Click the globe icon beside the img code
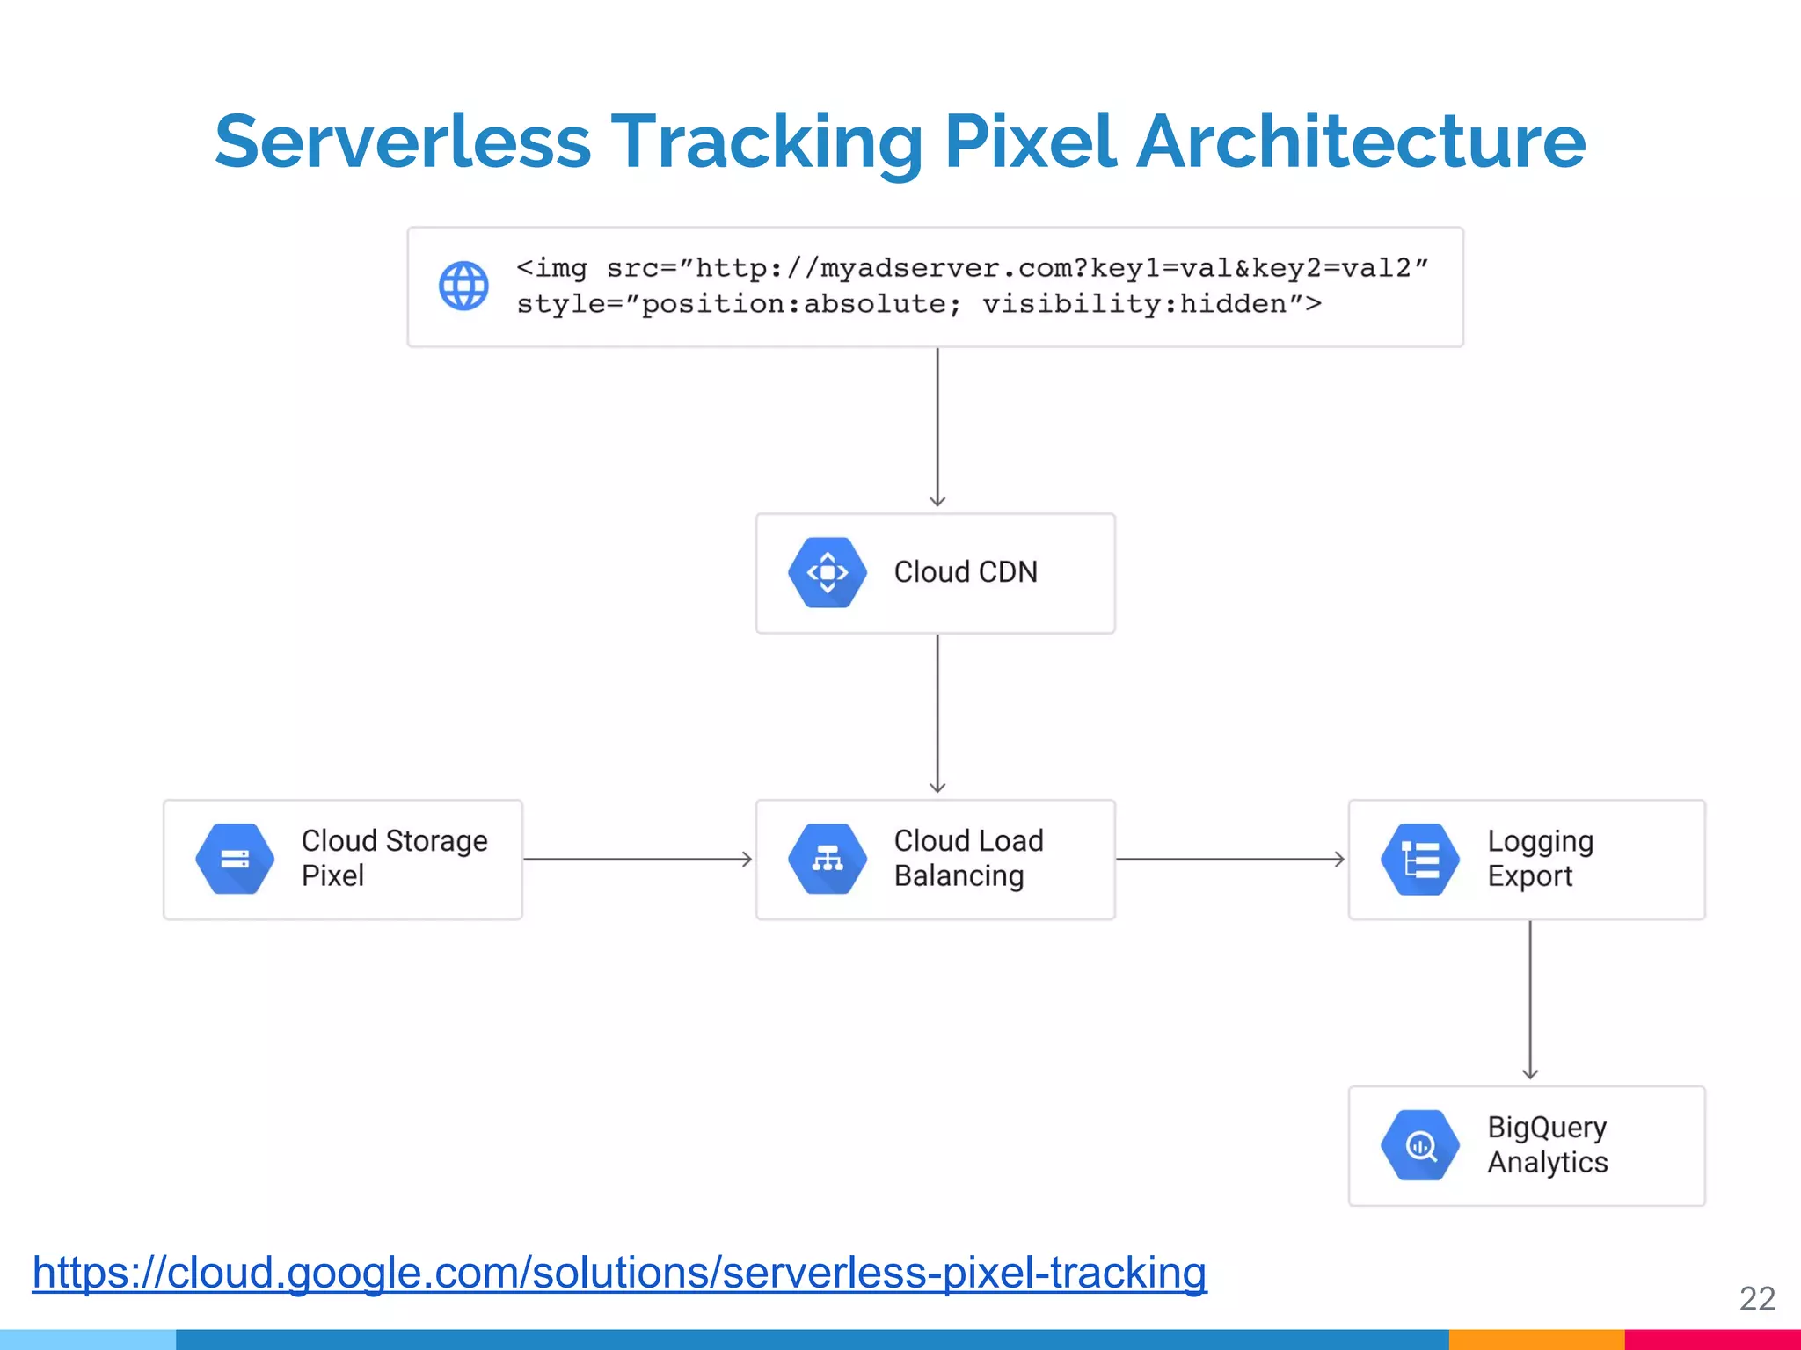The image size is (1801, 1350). [463, 286]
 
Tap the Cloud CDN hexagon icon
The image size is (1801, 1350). [827, 573]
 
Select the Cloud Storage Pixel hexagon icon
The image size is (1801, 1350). [235, 859]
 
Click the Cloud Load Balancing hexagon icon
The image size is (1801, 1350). [827, 859]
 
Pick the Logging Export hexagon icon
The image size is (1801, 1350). [1419, 859]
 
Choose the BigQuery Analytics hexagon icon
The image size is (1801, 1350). [1419, 1145]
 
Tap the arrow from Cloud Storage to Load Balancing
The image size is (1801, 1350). [638, 859]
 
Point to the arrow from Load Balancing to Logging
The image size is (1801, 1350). [1230, 859]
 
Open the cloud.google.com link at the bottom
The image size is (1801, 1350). [619, 1272]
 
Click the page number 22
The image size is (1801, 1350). [1756, 1298]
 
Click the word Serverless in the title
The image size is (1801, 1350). [403, 142]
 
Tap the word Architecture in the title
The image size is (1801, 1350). [1360, 142]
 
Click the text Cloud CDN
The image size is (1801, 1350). [966, 572]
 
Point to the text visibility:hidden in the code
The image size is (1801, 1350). [1134, 304]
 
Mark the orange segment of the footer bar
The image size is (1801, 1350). [1535, 1339]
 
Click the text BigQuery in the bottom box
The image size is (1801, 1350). [1547, 1127]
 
